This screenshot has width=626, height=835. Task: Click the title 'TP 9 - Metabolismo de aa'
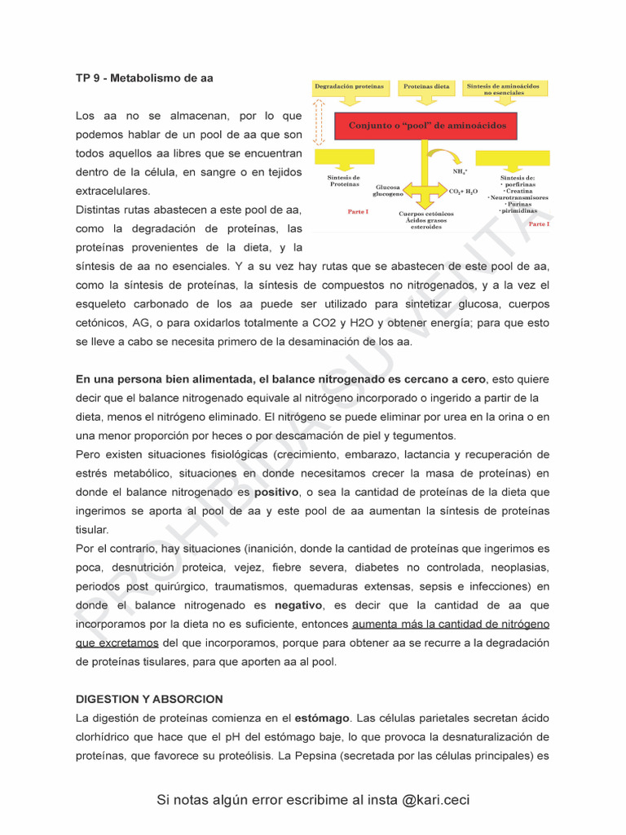(x=144, y=78)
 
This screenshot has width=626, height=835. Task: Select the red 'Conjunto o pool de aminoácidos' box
(x=427, y=126)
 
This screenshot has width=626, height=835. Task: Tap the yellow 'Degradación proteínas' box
(x=349, y=86)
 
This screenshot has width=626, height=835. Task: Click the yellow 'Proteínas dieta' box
(x=426, y=86)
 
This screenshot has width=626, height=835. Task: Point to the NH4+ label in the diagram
(x=460, y=172)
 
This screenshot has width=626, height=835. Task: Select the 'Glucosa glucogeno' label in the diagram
(x=387, y=191)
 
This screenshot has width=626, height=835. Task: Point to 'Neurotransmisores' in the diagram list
(x=518, y=197)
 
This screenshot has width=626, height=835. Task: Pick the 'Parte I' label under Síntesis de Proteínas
(x=357, y=212)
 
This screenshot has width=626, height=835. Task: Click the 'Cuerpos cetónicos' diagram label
(x=426, y=214)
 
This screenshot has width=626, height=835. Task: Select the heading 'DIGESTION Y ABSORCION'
(x=149, y=700)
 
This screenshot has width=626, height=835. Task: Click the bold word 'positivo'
(x=276, y=493)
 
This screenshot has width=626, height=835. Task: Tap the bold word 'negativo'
(x=298, y=606)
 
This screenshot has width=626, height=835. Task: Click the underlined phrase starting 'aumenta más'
(x=450, y=625)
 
